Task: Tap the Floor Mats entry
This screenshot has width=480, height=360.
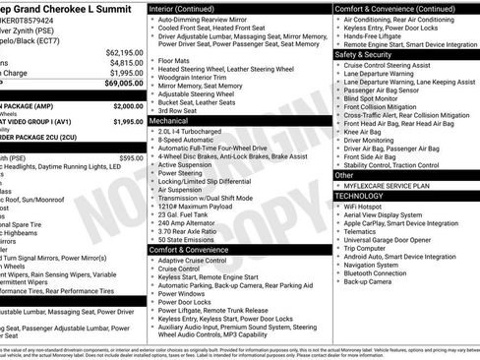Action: coord(174,60)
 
